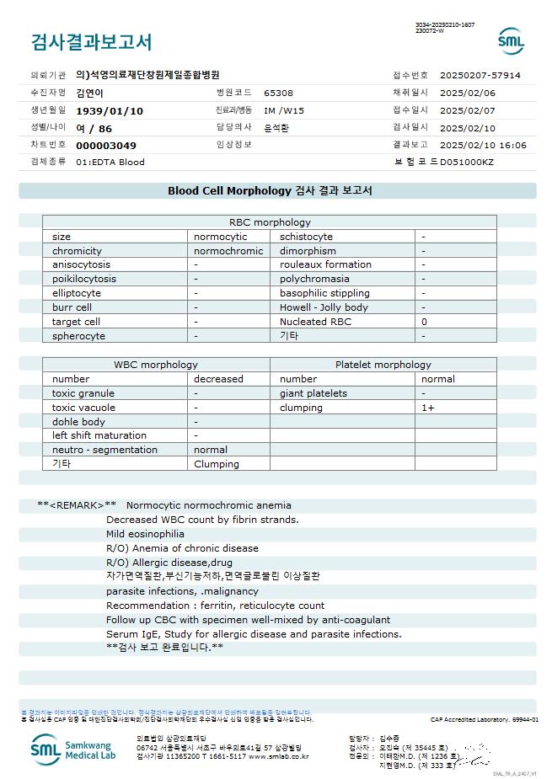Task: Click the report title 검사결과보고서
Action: tap(91, 42)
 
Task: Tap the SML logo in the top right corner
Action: tap(511, 40)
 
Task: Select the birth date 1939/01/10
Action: tap(110, 110)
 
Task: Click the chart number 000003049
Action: tap(105, 145)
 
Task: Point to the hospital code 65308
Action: tap(278, 93)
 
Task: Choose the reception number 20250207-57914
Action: tap(480, 75)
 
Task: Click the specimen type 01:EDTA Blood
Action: tap(110, 162)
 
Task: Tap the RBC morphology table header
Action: tap(270, 222)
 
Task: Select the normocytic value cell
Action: tap(220, 237)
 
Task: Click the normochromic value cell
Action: tap(228, 251)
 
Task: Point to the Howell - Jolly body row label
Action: tap(324, 307)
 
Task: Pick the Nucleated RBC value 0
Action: tap(424, 322)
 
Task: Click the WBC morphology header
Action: tap(156, 365)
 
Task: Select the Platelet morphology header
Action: tap(383, 365)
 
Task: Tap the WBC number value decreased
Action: tap(218, 379)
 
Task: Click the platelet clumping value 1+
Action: tap(428, 408)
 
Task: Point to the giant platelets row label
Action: tap(313, 393)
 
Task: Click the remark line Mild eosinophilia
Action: tap(145, 534)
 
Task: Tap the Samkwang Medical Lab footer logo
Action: tap(74, 749)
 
